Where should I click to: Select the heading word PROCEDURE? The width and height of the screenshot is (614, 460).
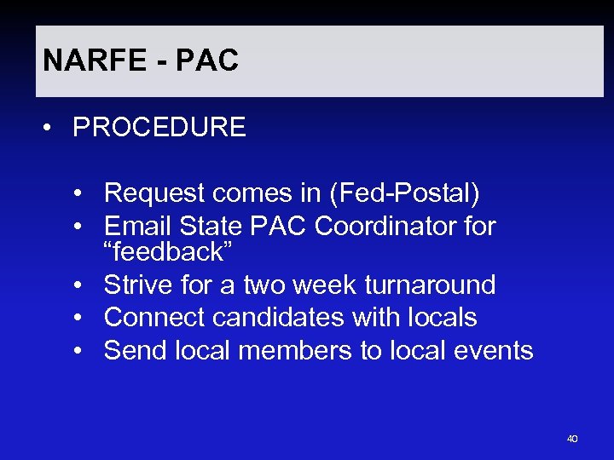(159, 128)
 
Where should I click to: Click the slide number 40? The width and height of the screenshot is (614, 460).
(571, 439)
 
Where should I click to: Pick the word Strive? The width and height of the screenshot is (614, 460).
(137, 285)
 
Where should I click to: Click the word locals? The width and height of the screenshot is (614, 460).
(441, 318)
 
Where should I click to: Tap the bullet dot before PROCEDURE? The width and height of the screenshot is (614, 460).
(54, 129)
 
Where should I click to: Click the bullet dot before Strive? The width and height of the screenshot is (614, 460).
(78, 285)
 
